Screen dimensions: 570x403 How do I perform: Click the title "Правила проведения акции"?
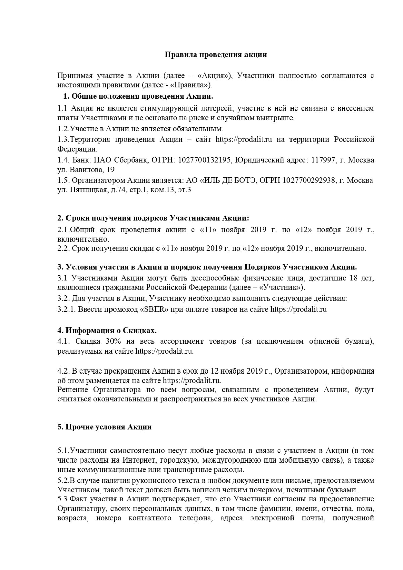coord(216,55)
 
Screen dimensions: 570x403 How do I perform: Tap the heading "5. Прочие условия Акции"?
coord(104,427)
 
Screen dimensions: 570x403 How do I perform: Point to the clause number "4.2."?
coord(63,371)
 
